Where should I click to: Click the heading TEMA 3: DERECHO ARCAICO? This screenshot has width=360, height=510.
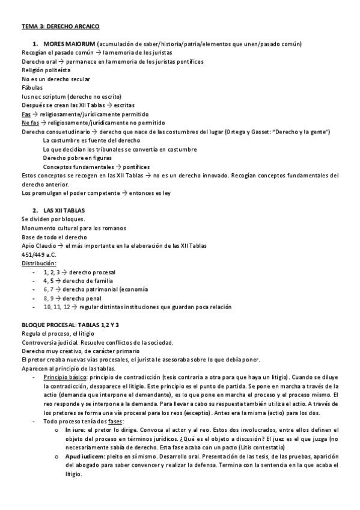coord(60,26)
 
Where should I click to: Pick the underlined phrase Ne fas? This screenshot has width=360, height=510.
coord(30,123)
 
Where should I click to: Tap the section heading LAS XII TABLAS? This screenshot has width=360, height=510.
coord(64,210)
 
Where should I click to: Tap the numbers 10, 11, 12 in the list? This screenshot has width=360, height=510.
coord(56,307)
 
